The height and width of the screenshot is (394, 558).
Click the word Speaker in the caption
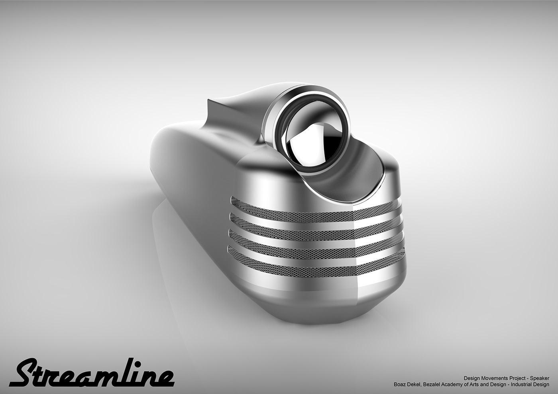tap(539, 378)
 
